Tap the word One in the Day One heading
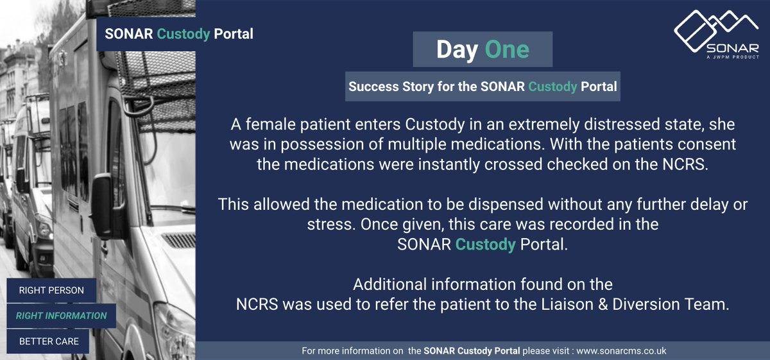pyautogui.click(x=507, y=49)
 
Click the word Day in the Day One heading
pyautogui.click(x=456, y=49)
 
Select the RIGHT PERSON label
pyautogui.click(x=51, y=290)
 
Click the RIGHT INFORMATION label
pyautogui.click(x=61, y=316)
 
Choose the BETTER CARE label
pyautogui.click(x=49, y=341)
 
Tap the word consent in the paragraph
pyautogui.click(x=704, y=143)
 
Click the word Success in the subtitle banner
pyautogui.click(x=372, y=86)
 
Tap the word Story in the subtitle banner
pyautogui.click(x=419, y=86)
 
